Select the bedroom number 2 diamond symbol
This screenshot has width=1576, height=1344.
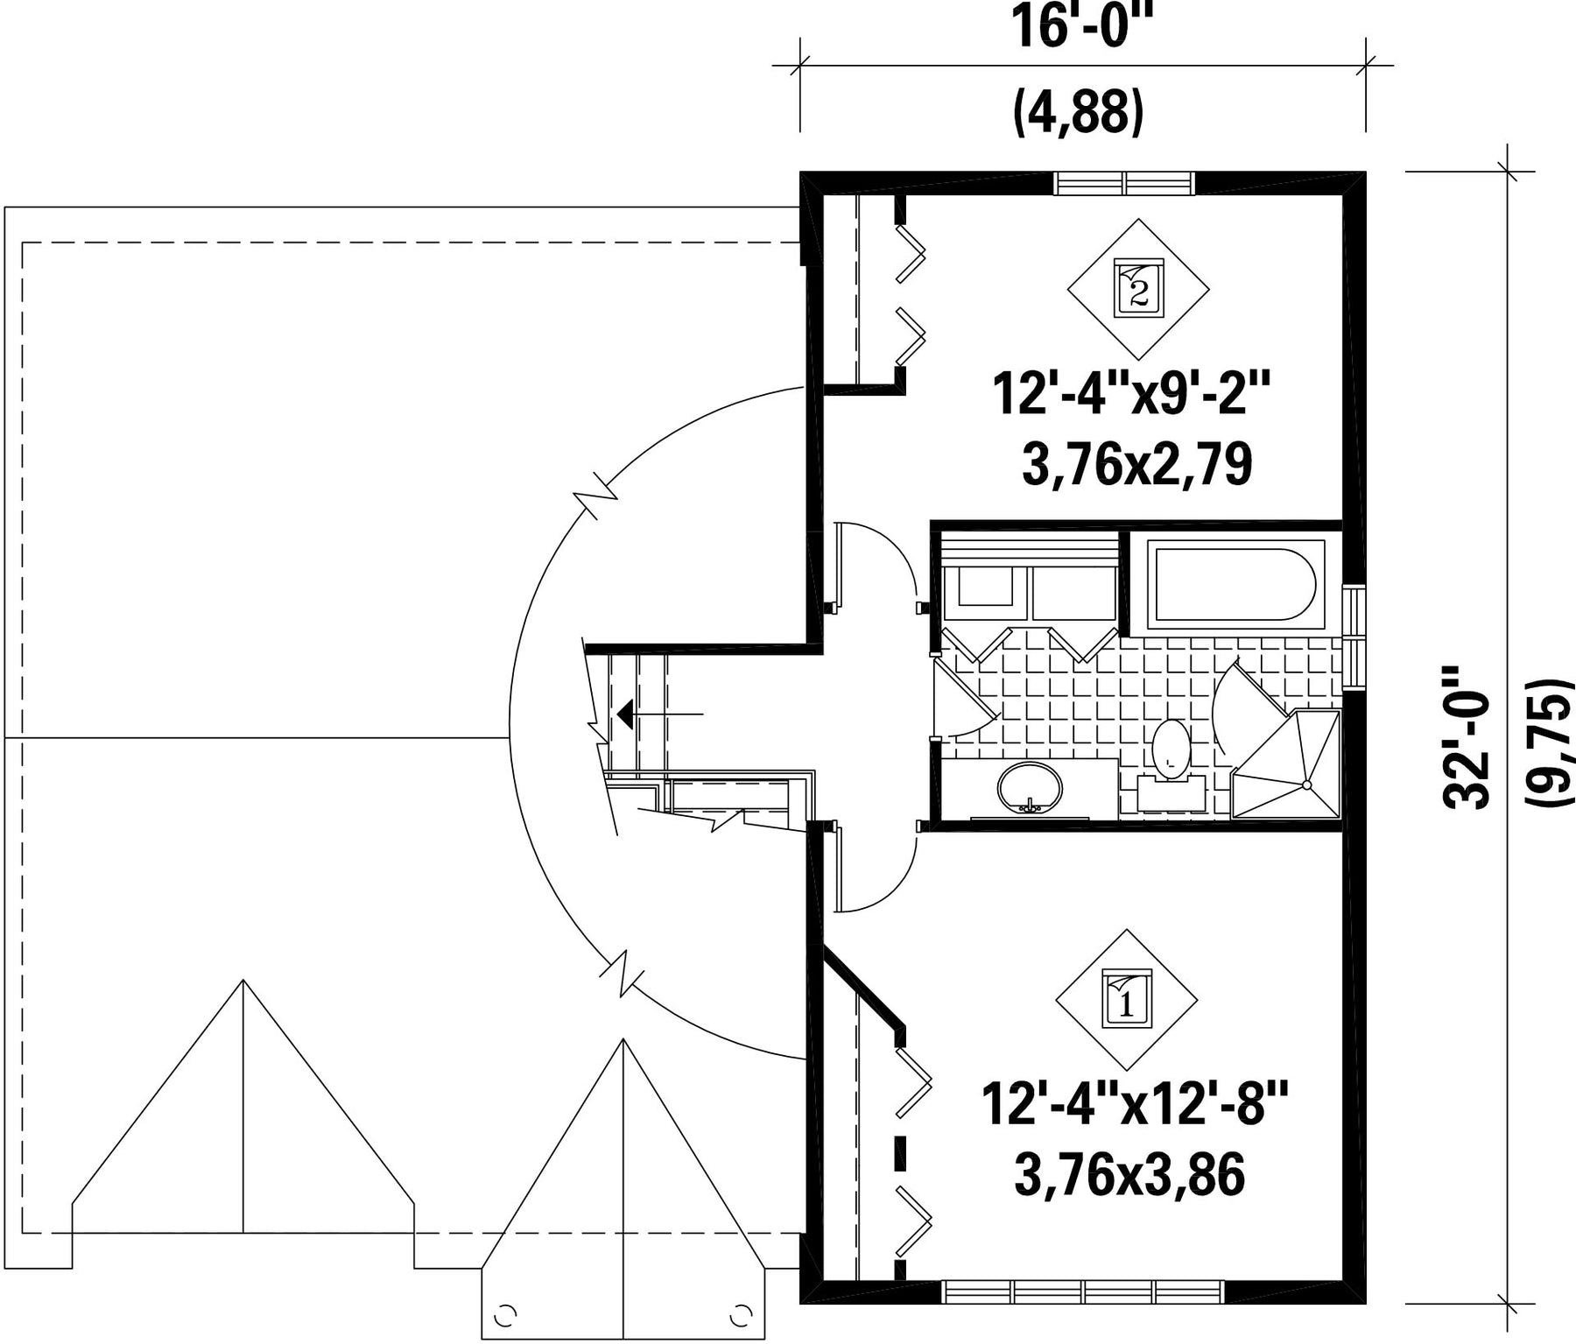coord(1138,289)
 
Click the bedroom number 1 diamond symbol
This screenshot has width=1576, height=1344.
coord(1127,1000)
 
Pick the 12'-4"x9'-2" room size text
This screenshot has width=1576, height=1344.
coord(1130,395)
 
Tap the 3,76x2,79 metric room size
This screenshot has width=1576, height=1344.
coord(1136,464)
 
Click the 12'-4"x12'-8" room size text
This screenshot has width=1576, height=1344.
coord(1136,1105)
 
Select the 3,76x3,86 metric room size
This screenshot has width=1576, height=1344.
coord(1129,1175)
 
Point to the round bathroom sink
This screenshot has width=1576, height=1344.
coord(1030,788)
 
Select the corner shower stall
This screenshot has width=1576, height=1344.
coord(1285,764)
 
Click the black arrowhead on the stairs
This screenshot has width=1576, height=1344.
coord(624,714)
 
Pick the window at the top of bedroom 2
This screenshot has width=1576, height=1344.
coord(1124,183)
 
